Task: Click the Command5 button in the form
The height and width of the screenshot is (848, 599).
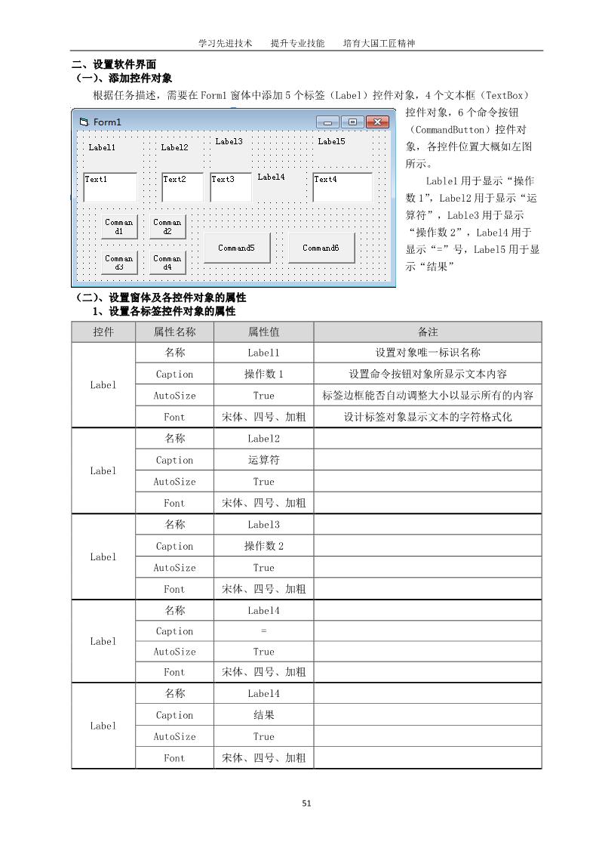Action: point(236,248)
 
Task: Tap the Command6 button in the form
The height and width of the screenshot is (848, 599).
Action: point(321,248)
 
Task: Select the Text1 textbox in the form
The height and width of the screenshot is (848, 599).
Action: point(109,187)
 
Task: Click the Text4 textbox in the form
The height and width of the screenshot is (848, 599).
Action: point(343,187)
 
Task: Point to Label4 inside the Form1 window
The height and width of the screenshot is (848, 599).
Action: point(271,177)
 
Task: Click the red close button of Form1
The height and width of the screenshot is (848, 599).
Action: point(377,122)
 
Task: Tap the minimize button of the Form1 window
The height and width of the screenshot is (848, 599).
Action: point(327,122)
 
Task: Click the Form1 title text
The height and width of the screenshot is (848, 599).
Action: point(107,122)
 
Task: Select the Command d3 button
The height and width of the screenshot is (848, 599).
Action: point(119,263)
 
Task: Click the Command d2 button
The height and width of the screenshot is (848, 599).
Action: point(167,227)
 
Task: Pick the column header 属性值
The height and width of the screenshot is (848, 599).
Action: point(263,331)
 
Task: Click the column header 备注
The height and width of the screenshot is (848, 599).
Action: point(427,331)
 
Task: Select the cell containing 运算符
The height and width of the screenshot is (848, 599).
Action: point(263,460)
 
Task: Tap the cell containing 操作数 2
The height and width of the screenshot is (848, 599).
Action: point(263,546)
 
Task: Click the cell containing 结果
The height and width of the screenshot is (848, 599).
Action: point(263,715)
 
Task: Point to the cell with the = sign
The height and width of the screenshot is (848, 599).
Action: point(263,631)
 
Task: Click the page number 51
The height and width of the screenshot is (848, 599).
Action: point(306,803)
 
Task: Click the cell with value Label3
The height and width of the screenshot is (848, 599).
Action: point(263,525)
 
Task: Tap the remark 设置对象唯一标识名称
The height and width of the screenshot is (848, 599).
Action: point(427,353)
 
